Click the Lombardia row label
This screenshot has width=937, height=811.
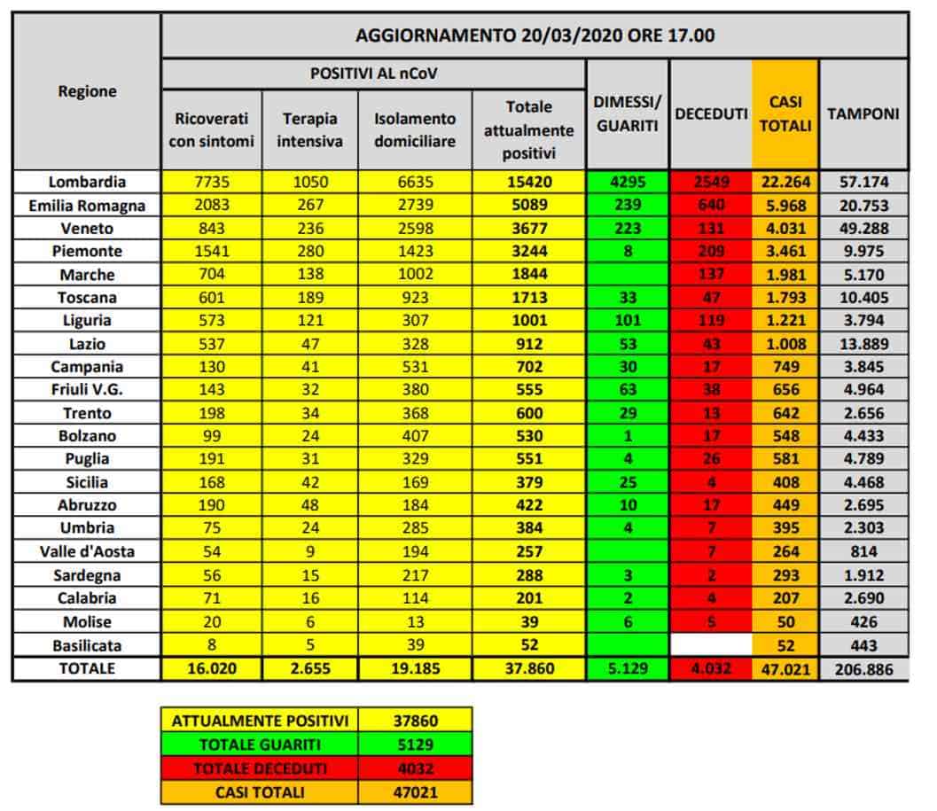click(x=87, y=182)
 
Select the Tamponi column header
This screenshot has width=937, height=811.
click(x=863, y=113)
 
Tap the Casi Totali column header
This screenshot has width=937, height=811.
click(x=785, y=113)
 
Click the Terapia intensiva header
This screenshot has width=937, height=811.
click(x=310, y=129)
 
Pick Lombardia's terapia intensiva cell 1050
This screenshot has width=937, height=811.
click(x=310, y=182)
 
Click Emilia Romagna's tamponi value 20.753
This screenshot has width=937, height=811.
click(x=863, y=205)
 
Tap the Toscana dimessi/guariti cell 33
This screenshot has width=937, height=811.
click(x=628, y=297)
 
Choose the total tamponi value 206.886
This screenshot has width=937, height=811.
click(x=863, y=668)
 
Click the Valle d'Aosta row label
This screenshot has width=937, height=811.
click(x=87, y=551)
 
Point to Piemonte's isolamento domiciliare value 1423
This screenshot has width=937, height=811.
click(x=415, y=251)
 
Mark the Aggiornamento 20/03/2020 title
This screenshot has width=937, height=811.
click(x=535, y=35)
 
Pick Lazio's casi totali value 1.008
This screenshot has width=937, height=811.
click(x=785, y=343)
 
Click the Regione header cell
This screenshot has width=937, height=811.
click(x=87, y=90)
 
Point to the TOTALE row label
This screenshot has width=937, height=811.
click(x=87, y=668)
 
